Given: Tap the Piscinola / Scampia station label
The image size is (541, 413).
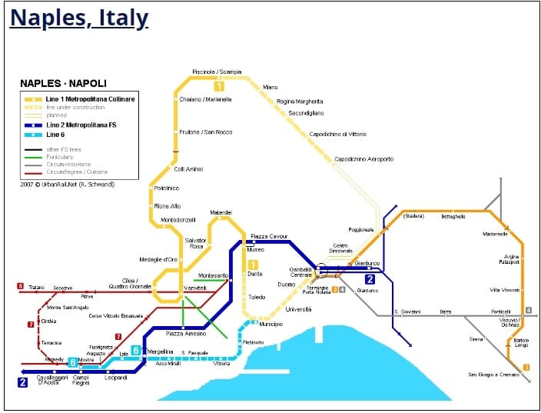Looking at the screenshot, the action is point(217,72).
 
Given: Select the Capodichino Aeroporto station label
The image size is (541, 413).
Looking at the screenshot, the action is point(363,159).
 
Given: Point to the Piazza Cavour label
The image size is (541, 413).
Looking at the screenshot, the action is point(269,236).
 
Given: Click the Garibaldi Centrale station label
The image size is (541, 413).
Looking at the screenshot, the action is point(300,272).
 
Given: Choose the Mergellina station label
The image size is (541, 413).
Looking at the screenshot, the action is point(161,351).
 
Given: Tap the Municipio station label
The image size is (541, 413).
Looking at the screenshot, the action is point(270,325).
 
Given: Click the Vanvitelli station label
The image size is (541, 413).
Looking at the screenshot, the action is point(196,288).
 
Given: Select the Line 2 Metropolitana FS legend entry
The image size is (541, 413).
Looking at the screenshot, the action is point(81,125).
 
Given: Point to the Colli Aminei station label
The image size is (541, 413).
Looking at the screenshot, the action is point(188,169).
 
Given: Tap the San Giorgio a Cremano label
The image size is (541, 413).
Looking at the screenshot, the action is point(493,375).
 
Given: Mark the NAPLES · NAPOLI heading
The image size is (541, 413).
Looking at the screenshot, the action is point(63,83).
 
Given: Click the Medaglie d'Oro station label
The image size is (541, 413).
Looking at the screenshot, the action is point(158,259).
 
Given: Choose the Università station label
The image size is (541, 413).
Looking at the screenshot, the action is point(298,309).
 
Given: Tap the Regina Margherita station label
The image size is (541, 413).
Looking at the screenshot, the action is point(300,101).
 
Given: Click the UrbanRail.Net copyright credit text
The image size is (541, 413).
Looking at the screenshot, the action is point(68,185).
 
